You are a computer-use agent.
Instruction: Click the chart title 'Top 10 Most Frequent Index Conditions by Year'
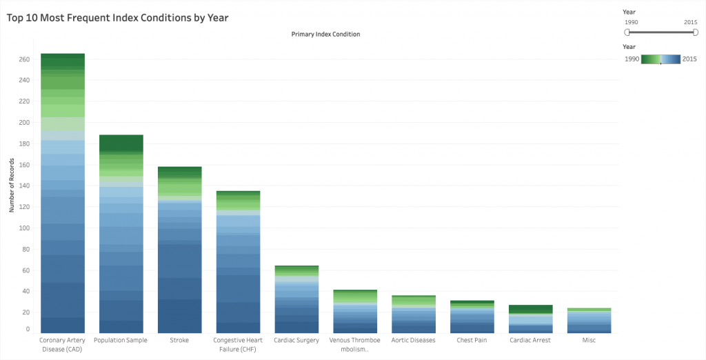click(117, 18)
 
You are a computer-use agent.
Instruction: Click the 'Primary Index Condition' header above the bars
click(325, 34)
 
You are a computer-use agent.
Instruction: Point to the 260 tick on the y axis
click(24, 59)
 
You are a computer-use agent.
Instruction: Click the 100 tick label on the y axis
click(24, 228)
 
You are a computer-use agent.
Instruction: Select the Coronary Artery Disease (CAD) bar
click(63, 193)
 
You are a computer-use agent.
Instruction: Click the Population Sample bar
click(121, 234)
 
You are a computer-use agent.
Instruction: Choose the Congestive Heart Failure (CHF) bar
click(238, 262)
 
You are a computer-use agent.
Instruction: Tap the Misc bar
click(589, 321)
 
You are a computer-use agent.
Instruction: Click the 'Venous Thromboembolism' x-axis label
click(354, 344)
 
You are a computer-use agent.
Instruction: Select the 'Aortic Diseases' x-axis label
click(414, 340)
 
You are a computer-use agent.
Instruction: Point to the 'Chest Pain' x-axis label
click(472, 340)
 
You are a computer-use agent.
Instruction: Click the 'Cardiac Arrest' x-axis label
click(530, 340)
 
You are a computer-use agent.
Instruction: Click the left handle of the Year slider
click(627, 32)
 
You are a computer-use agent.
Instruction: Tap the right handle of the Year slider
click(695, 32)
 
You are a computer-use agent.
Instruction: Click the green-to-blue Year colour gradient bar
click(660, 59)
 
